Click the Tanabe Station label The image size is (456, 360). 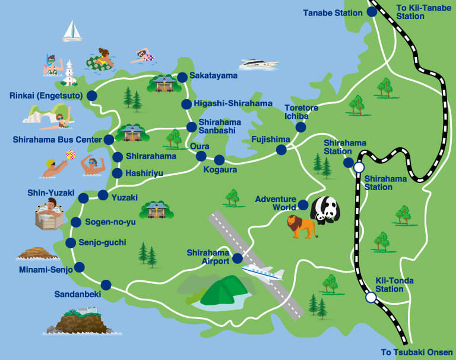(332, 12)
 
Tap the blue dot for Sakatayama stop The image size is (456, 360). (182, 77)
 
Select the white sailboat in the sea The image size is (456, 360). (72, 31)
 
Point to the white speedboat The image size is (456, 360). (259, 64)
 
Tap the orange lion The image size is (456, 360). (302, 226)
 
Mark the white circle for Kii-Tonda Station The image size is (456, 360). (370, 297)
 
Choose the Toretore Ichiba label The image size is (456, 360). (301, 112)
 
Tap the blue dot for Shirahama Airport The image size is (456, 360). (237, 258)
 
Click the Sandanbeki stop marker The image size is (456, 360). (106, 284)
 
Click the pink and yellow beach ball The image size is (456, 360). (71, 155)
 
